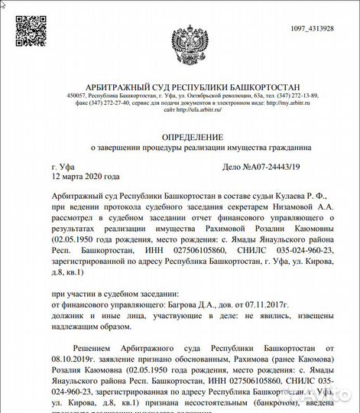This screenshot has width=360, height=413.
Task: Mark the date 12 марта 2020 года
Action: (87, 176)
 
